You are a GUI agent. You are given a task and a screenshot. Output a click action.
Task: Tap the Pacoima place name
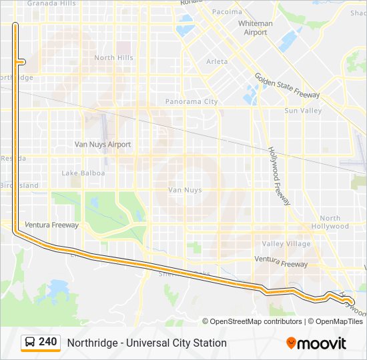tap(227, 12)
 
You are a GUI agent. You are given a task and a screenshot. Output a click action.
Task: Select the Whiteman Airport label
tap(256, 28)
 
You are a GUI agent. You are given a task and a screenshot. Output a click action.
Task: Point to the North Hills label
tap(113, 58)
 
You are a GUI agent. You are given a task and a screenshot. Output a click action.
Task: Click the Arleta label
tap(217, 61)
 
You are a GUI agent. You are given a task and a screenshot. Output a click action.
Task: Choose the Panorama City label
tap(192, 102)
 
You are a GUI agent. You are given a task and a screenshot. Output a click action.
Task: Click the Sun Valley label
tap(303, 111)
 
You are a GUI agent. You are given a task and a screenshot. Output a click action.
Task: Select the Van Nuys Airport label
tap(102, 145)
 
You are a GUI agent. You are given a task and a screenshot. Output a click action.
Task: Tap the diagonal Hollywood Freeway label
tap(280, 176)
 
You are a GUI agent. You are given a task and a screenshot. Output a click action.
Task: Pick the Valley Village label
tap(286, 244)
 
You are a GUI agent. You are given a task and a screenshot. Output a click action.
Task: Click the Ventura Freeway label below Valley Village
tap(281, 264)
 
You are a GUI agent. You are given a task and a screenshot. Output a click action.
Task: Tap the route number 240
tap(47, 342)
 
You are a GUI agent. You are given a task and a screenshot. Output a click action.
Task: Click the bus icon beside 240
tap(30, 343)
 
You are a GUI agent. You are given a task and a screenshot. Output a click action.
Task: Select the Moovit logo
tap(316, 343)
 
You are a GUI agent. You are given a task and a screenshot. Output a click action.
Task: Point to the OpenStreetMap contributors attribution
tap(256, 321)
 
